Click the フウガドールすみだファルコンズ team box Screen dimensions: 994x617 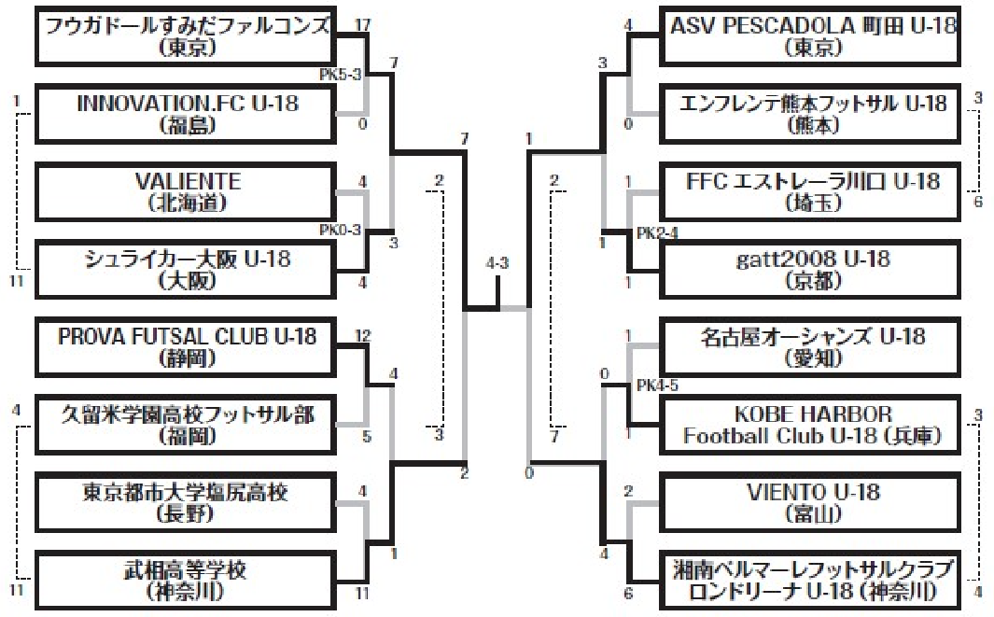pyautogui.click(x=186, y=36)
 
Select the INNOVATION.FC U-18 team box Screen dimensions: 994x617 pyautogui.click(x=186, y=115)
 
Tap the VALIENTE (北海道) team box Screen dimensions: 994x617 pyautogui.click(x=186, y=192)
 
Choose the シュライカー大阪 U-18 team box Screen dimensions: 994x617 pyautogui.click(x=186, y=270)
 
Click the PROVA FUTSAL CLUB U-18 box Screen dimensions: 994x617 pyautogui.click(x=186, y=347)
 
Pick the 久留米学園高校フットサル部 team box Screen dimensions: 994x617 pyautogui.click(x=186, y=425)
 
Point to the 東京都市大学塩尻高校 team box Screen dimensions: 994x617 pyautogui.click(x=186, y=503)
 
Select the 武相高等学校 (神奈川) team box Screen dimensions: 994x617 pyautogui.click(x=186, y=581)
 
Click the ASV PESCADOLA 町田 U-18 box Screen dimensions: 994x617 pyautogui.click(x=810, y=36)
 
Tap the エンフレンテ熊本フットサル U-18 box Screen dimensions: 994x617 pyautogui.click(x=810, y=115)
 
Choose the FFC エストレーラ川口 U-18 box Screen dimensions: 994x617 pyautogui.click(x=810, y=192)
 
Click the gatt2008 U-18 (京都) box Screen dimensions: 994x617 pyautogui.click(x=810, y=270)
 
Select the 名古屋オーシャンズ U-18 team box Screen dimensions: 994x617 pyautogui.click(x=810, y=347)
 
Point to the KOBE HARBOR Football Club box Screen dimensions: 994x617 pyautogui.click(x=810, y=425)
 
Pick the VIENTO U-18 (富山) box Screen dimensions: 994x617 pyautogui.click(x=810, y=503)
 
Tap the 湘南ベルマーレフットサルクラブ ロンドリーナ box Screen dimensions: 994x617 pyautogui.click(x=810, y=581)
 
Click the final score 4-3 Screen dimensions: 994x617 pyautogui.click(x=497, y=263)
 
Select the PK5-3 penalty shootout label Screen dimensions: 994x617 pyautogui.click(x=341, y=75)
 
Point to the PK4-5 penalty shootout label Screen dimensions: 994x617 pyautogui.click(x=657, y=386)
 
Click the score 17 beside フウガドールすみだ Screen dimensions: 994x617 pyautogui.click(x=363, y=25)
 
